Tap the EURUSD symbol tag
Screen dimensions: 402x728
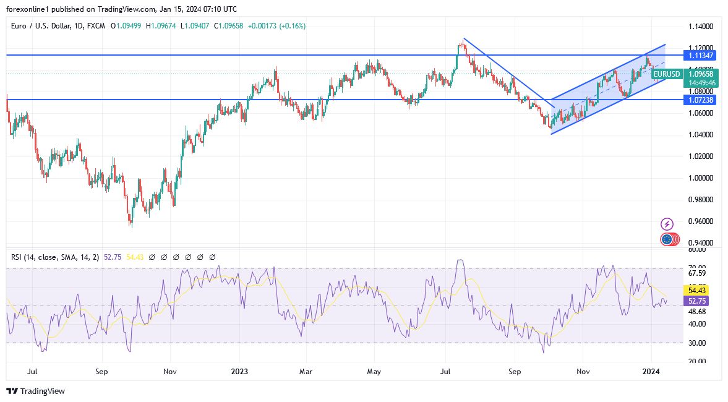coord(667,74)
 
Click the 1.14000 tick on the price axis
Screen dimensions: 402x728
coord(701,27)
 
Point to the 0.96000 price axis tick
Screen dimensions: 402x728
coord(701,221)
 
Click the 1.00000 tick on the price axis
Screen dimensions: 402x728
coord(701,178)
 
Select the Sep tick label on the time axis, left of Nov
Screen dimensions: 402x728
coord(102,372)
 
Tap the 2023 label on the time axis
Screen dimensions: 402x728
coord(239,372)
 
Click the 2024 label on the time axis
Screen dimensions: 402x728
coord(651,372)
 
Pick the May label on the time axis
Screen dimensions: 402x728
coord(374,372)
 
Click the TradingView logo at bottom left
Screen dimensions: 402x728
coord(35,391)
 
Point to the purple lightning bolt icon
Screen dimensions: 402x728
coord(667,223)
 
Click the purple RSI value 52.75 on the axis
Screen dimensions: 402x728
coord(697,301)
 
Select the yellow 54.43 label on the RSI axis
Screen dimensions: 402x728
coord(697,289)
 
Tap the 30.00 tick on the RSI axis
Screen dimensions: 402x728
coord(697,343)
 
